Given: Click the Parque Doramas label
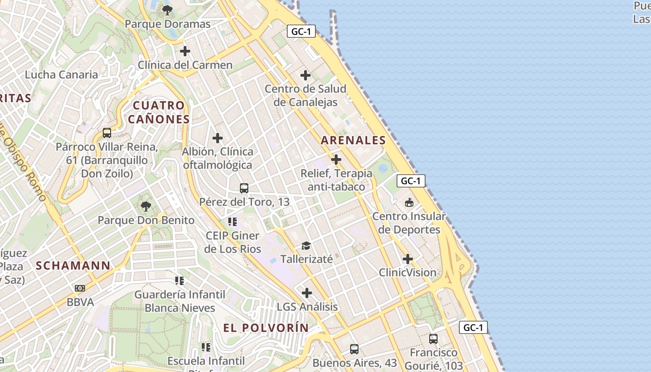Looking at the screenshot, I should (167, 24).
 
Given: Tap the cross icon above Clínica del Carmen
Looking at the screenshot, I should (185, 51).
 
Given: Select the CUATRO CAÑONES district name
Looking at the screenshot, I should (159, 113).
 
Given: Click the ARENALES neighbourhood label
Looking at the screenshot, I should (353, 140).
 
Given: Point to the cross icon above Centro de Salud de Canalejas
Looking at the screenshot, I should (306, 75).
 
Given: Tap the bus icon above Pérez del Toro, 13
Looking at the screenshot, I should (244, 188).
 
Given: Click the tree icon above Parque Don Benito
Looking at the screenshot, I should (146, 206).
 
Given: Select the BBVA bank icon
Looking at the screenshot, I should (80, 288).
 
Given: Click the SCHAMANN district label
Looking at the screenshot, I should (73, 266).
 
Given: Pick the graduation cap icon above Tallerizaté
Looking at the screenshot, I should (306, 246).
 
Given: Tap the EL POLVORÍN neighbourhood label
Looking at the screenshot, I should (266, 328).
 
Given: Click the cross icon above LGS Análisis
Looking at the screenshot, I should (307, 293).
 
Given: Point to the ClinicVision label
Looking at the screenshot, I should (408, 272).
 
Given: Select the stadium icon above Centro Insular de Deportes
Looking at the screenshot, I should (409, 202).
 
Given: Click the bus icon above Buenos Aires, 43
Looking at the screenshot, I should (354, 349).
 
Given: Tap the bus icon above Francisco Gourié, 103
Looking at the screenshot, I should (433, 339).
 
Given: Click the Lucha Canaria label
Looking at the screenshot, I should (61, 74).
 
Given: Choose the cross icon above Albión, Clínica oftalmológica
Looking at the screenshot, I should (218, 138).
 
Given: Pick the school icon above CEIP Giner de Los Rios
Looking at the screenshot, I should (232, 222).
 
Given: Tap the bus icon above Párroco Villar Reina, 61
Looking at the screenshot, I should (107, 133).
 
